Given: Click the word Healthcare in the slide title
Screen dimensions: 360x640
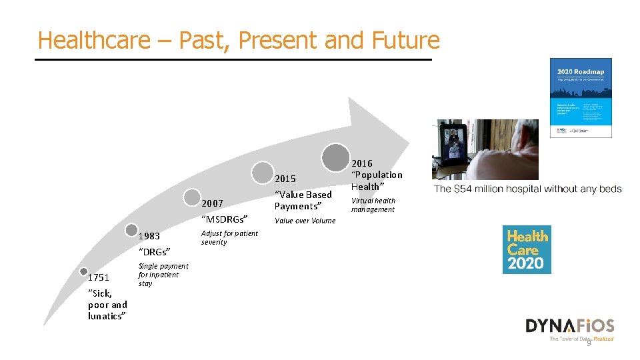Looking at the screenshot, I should (x=94, y=40).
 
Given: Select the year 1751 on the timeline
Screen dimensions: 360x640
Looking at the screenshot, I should (x=98, y=277).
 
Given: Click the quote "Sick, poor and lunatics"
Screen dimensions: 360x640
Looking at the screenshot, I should (x=107, y=305).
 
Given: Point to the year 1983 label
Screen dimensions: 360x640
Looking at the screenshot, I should (x=149, y=236).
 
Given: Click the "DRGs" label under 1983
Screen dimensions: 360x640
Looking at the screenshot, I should (x=154, y=252).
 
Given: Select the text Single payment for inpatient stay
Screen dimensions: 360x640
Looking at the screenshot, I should (x=163, y=275).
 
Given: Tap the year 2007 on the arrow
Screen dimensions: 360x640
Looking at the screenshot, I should (x=212, y=203).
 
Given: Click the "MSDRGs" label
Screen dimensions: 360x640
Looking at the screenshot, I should (x=224, y=219).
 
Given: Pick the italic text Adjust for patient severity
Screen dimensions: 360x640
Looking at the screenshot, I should (x=229, y=238).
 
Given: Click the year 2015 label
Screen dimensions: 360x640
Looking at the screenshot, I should (x=285, y=179).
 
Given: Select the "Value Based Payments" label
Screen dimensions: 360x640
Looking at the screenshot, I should (x=303, y=200).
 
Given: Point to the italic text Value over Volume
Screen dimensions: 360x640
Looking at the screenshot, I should (x=305, y=221).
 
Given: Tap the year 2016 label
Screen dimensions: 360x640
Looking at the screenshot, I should (x=362, y=163).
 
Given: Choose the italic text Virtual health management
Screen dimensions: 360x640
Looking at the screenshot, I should (x=373, y=205).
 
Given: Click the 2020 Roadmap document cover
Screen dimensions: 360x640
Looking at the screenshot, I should (x=580, y=97).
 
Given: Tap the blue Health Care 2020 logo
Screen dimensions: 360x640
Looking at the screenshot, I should (x=527, y=249).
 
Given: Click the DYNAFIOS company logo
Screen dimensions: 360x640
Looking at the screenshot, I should (x=569, y=327).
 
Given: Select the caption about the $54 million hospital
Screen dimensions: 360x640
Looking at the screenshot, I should (x=528, y=189).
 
